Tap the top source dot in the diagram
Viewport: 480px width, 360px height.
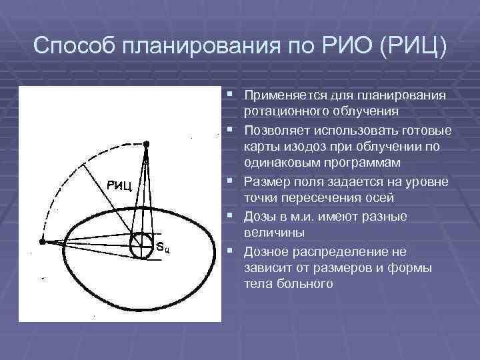pos(147,143)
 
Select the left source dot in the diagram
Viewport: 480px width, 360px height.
pos(42,243)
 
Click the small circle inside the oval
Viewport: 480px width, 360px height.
pos(141,245)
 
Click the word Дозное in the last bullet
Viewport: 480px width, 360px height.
pos(266,251)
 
